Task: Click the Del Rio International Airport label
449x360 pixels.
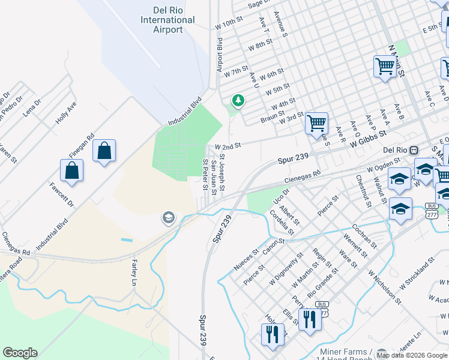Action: point(167,20)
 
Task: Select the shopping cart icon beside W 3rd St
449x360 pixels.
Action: point(316,124)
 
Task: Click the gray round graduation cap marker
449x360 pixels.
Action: point(169,218)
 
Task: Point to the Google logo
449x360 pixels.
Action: point(20,353)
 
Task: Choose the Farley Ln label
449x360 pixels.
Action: point(134,272)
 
